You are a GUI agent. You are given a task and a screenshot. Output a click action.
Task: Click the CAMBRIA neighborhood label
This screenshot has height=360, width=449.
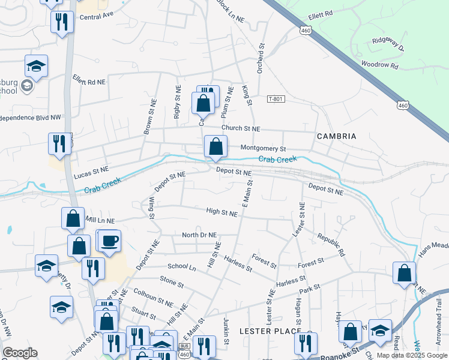tap(336, 136)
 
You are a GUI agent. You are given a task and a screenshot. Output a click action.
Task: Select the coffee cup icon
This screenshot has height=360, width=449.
tap(109, 241)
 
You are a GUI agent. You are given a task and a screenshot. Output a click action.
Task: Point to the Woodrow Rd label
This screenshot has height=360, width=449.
tap(380, 64)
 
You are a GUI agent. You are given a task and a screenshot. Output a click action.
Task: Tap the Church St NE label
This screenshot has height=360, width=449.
tap(241, 128)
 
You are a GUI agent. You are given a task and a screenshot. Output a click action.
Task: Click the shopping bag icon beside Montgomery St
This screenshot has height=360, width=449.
tap(215, 146)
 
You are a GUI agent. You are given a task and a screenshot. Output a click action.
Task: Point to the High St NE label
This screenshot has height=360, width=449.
tap(221, 212)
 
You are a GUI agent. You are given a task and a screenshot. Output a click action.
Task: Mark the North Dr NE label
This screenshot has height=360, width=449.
tap(199, 235)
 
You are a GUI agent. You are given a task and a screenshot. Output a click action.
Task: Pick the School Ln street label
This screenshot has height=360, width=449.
tap(182, 266)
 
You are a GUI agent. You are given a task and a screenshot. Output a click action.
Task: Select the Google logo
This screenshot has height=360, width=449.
tap(20, 353)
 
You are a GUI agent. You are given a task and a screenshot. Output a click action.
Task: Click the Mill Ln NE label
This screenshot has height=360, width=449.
tap(100, 221)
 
